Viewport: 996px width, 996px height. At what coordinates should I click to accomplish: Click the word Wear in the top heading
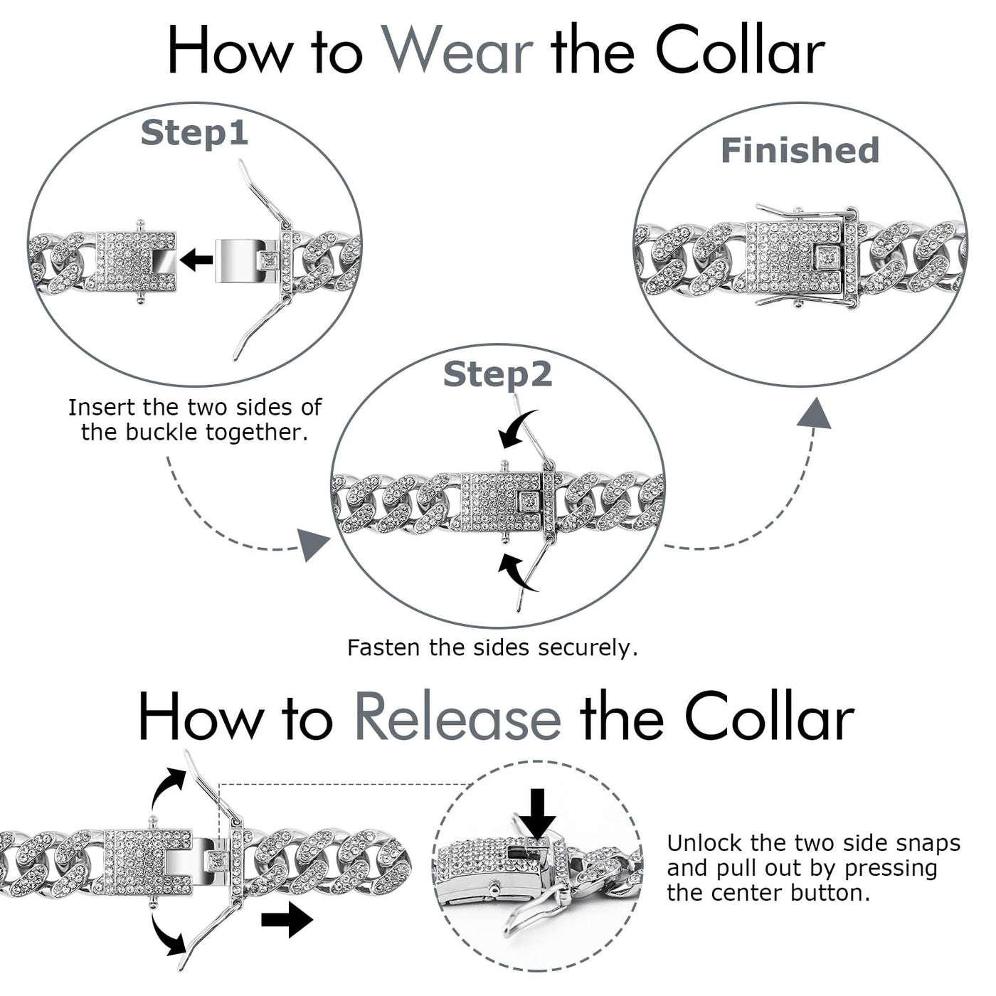[457, 51]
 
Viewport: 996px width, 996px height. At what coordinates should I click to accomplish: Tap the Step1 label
[194, 133]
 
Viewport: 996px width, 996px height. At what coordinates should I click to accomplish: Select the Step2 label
[497, 374]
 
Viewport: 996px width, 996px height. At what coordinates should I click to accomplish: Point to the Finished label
[800, 151]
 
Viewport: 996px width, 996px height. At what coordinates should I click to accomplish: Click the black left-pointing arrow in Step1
[196, 260]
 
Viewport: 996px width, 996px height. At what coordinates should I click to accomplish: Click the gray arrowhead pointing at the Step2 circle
[312, 545]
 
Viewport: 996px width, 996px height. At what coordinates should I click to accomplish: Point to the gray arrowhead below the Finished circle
[814, 414]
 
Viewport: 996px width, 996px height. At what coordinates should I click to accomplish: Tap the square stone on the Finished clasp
[827, 257]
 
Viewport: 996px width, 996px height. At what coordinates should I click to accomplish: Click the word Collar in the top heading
[739, 51]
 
